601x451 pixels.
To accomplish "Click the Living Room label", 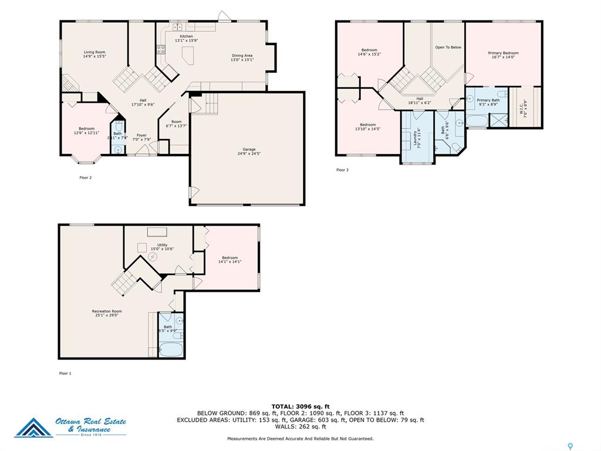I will click(x=94, y=52).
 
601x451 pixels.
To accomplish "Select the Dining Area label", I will click(x=242, y=55).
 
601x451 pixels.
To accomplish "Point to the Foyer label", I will click(x=141, y=135).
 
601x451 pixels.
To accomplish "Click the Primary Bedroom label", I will click(x=503, y=53).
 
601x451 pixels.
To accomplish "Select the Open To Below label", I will click(x=448, y=47).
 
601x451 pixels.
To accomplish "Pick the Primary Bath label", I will click(x=488, y=100).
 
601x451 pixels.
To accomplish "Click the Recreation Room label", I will click(x=106, y=311).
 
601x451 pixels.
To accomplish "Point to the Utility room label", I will click(x=162, y=245).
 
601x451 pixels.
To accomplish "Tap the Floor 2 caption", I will click(x=86, y=177).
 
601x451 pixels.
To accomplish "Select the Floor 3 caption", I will click(x=342, y=170).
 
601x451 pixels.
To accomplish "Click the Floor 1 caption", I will click(x=65, y=373).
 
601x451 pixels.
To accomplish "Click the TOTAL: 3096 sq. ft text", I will click(x=300, y=406).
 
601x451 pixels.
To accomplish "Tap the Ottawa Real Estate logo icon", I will click(x=33, y=428).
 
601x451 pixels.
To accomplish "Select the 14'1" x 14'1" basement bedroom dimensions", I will click(x=229, y=262).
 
